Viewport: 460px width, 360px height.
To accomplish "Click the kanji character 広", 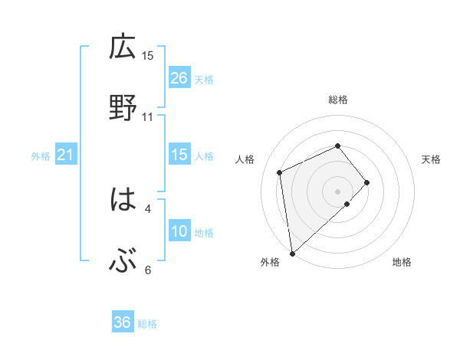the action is pyautogui.click(x=122, y=48).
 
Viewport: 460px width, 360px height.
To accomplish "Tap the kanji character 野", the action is pyautogui.click(x=122, y=107).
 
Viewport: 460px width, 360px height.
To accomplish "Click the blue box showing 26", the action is pyautogui.click(x=179, y=78).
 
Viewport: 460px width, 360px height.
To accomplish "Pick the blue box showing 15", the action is pyautogui.click(x=179, y=155).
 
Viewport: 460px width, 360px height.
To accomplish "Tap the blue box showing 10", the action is pyautogui.click(x=179, y=231).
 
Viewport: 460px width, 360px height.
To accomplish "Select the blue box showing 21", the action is pyautogui.click(x=65, y=155).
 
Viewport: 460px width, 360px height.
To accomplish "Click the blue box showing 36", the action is pyautogui.click(x=123, y=322).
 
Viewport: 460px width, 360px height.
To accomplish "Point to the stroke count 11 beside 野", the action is pyautogui.click(x=148, y=117).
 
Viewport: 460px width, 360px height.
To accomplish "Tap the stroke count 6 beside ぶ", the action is pyautogui.click(x=148, y=270).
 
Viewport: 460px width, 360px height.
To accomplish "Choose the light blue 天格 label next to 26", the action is pyautogui.click(x=204, y=80).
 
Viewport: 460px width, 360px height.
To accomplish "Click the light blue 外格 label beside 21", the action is pyautogui.click(x=41, y=156).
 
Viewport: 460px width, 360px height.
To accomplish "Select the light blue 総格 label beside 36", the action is pyautogui.click(x=147, y=324).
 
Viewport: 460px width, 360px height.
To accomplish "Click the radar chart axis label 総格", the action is pyautogui.click(x=338, y=100).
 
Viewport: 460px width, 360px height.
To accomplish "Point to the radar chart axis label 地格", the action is pyautogui.click(x=402, y=263).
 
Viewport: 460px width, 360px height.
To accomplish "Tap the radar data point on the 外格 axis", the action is pyautogui.click(x=291, y=253).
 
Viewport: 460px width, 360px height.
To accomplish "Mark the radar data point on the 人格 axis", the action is pyautogui.click(x=281, y=172).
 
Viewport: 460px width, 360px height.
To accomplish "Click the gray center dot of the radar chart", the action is pyautogui.click(x=338, y=190).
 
